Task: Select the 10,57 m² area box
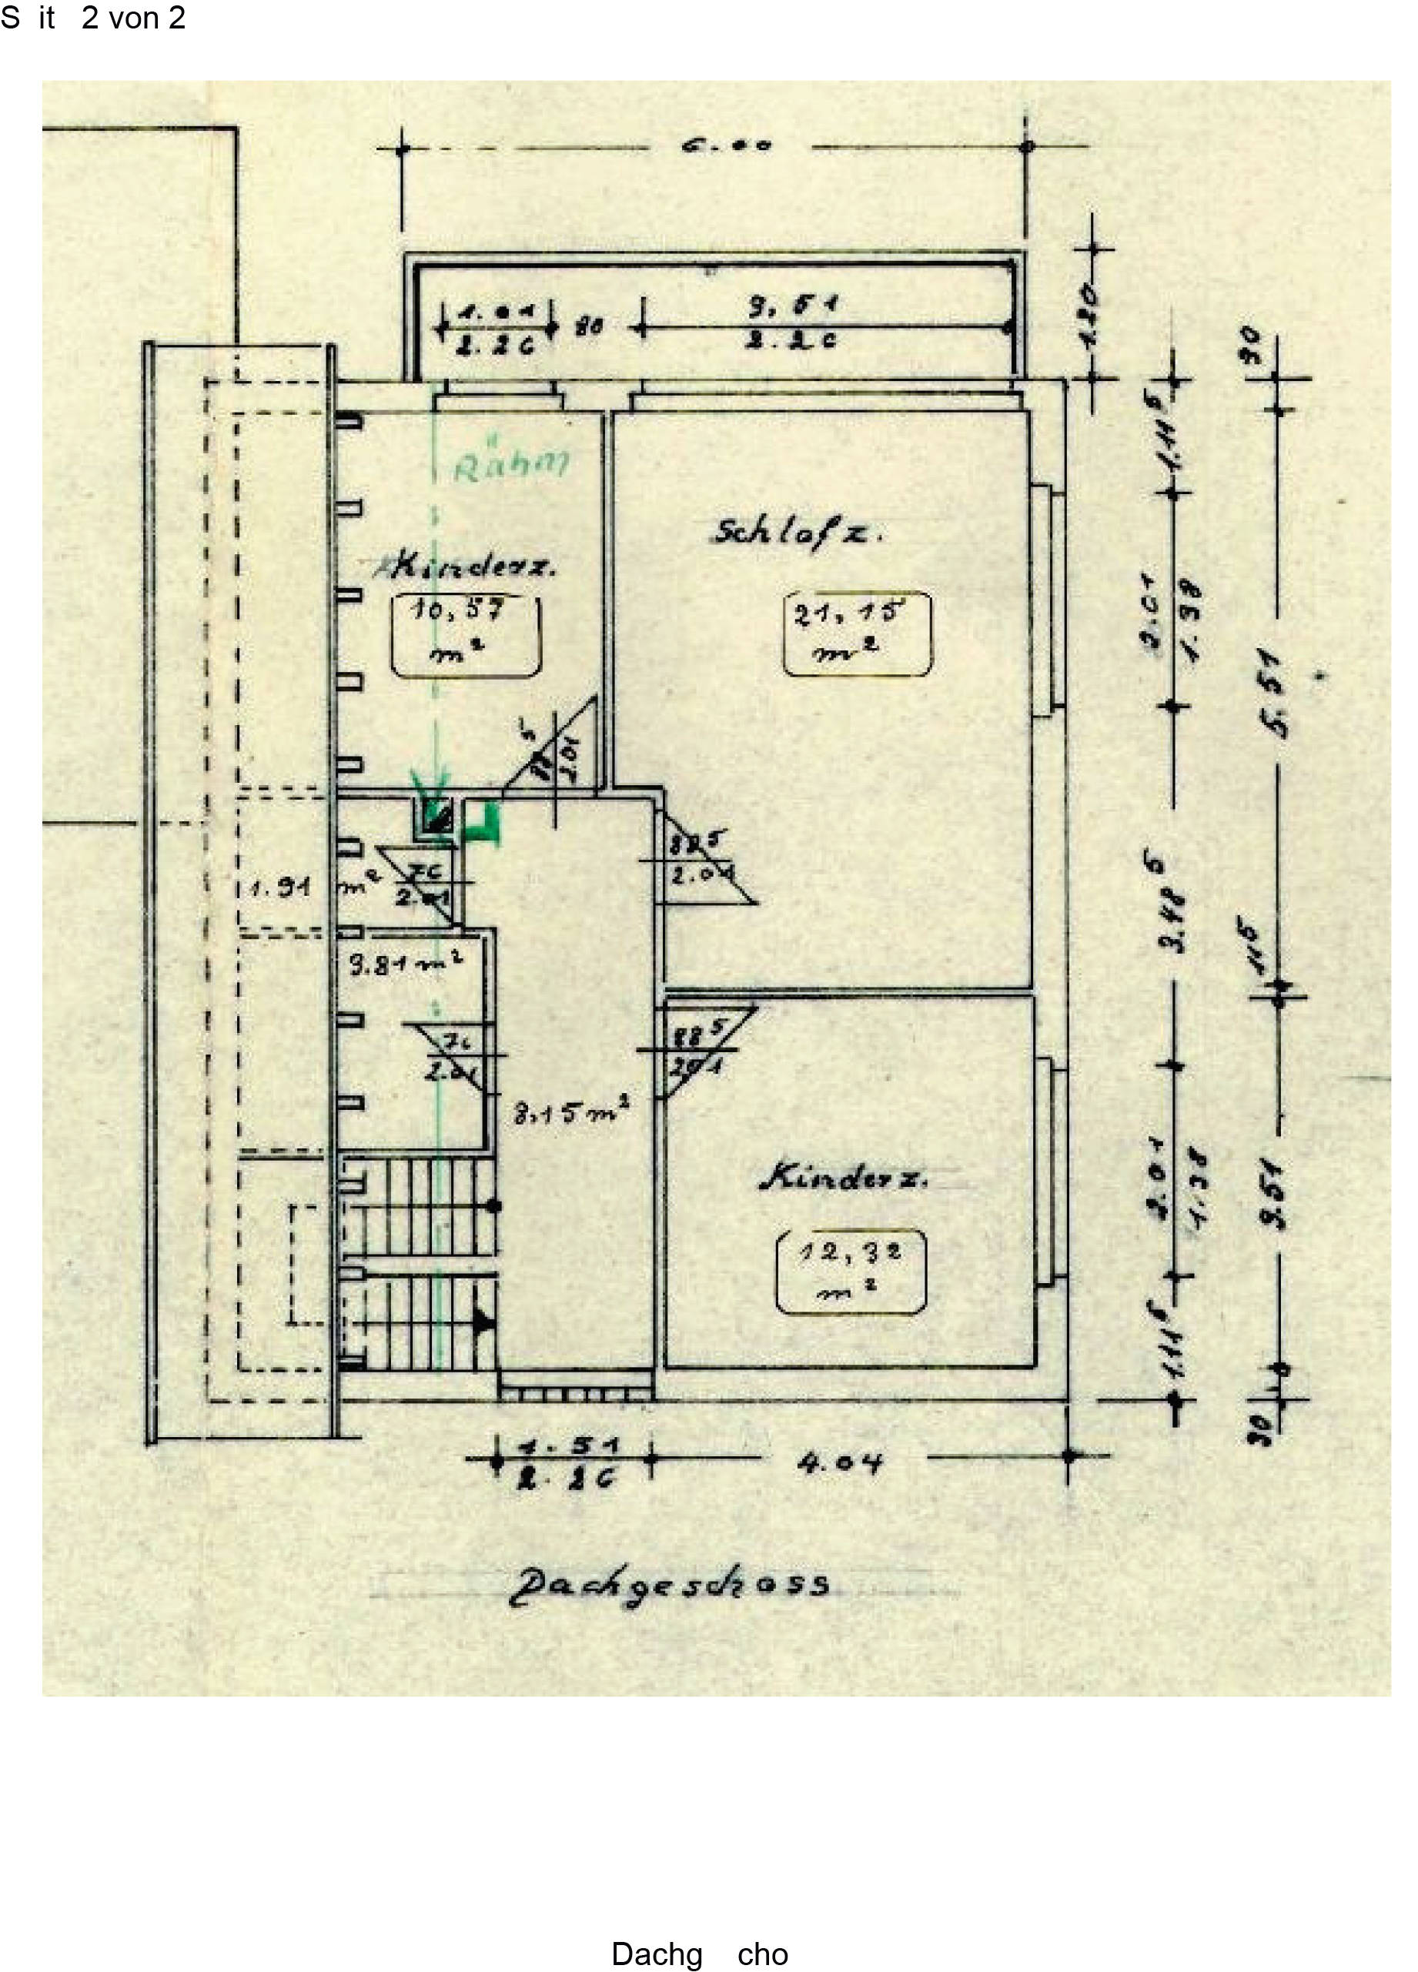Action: tap(464, 636)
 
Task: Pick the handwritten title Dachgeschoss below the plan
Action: tap(667, 1586)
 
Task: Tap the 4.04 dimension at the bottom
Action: tap(839, 1463)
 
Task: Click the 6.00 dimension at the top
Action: tap(726, 145)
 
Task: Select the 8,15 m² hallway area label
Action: tap(570, 1112)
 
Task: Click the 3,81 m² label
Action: tap(405, 964)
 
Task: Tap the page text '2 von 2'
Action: tap(133, 18)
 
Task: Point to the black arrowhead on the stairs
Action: tap(483, 1322)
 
